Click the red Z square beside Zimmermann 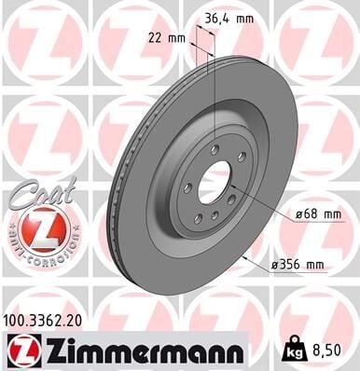coord(21,350)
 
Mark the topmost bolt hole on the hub coord(215,149)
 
